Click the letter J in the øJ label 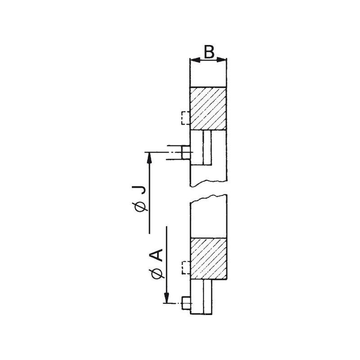139,190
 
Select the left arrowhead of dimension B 195,60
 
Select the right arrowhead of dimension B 221,60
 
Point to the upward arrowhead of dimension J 149,158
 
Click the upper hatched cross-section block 208,108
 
